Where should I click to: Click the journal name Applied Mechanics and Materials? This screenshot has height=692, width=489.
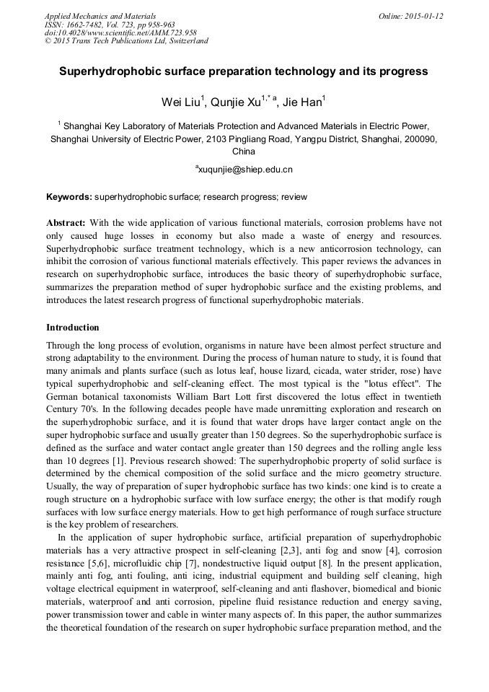pos(100,16)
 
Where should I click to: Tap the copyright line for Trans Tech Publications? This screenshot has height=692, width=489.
pos(126,41)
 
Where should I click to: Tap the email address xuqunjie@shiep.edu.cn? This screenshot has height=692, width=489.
pos(244,170)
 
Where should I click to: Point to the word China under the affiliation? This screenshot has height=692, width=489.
pos(244,152)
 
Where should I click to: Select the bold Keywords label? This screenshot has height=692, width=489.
pos(69,197)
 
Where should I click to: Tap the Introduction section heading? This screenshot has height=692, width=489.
pos(73,328)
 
